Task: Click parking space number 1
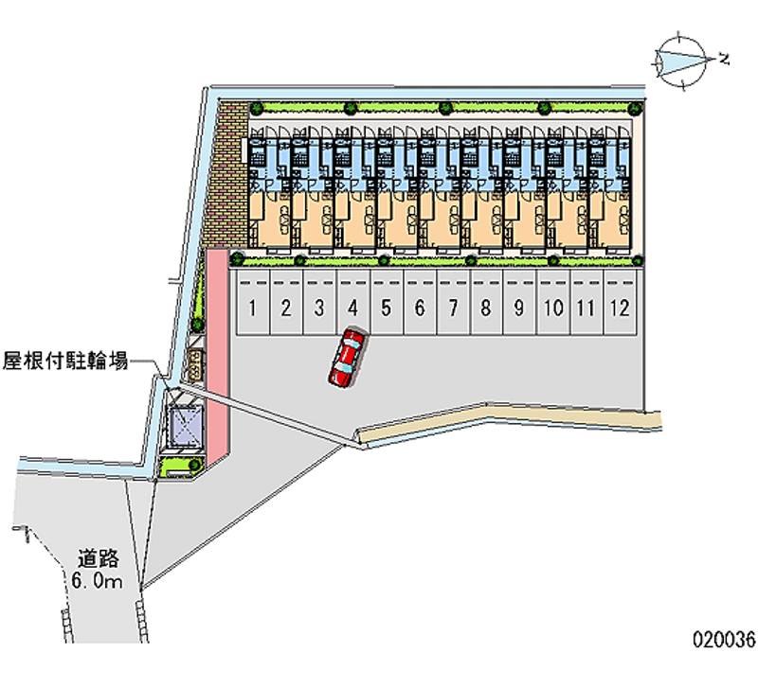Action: tap(253, 307)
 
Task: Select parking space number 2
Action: tap(286, 307)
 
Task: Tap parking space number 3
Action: tap(319, 307)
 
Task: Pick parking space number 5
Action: tap(387, 307)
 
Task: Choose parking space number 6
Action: tap(420, 307)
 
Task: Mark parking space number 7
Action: tap(453, 307)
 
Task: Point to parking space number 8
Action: tap(486, 307)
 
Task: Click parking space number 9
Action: tap(519, 307)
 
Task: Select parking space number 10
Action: tap(554, 307)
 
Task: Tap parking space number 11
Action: tap(587, 307)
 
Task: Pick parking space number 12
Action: tap(620, 307)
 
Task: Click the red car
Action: tap(347, 357)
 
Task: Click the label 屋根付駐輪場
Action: tap(65, 361)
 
